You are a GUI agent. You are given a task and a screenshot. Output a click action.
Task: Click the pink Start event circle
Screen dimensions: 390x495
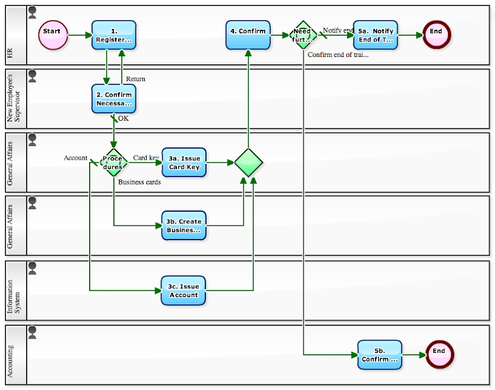click(52, 35)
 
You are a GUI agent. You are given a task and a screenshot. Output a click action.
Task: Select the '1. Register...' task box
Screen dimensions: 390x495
click(114, 35)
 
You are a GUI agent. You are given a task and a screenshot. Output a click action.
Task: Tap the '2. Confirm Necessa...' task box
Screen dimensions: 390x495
click(114, 99)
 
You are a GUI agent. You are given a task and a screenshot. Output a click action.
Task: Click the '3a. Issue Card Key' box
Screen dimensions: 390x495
click(184, 162)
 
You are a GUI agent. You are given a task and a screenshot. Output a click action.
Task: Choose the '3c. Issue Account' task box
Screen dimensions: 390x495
click(184, 290)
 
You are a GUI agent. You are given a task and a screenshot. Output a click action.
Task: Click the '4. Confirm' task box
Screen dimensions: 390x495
click(248, 35)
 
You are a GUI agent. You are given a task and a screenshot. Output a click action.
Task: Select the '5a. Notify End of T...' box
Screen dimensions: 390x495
click(376, 35)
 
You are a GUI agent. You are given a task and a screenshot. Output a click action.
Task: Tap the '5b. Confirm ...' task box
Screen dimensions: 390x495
click(379, 355)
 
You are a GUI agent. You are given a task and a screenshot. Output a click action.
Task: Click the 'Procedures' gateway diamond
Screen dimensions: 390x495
click(114, 163)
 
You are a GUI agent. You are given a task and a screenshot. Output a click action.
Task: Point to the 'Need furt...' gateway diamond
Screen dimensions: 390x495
click(303, 35)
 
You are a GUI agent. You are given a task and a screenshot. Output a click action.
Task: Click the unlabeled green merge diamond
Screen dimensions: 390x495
click(249, 163)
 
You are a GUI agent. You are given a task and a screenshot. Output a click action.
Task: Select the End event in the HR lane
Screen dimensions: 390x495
click(437, 35)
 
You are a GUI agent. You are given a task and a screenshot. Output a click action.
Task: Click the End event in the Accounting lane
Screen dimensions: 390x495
click(439, 355)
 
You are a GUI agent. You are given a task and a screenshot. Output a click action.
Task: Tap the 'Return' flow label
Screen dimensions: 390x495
click(136, 79)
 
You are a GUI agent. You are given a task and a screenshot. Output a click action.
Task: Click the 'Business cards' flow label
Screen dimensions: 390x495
click(139, 182)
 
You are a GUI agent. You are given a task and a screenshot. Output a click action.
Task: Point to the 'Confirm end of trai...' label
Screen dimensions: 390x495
click(338, 54)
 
